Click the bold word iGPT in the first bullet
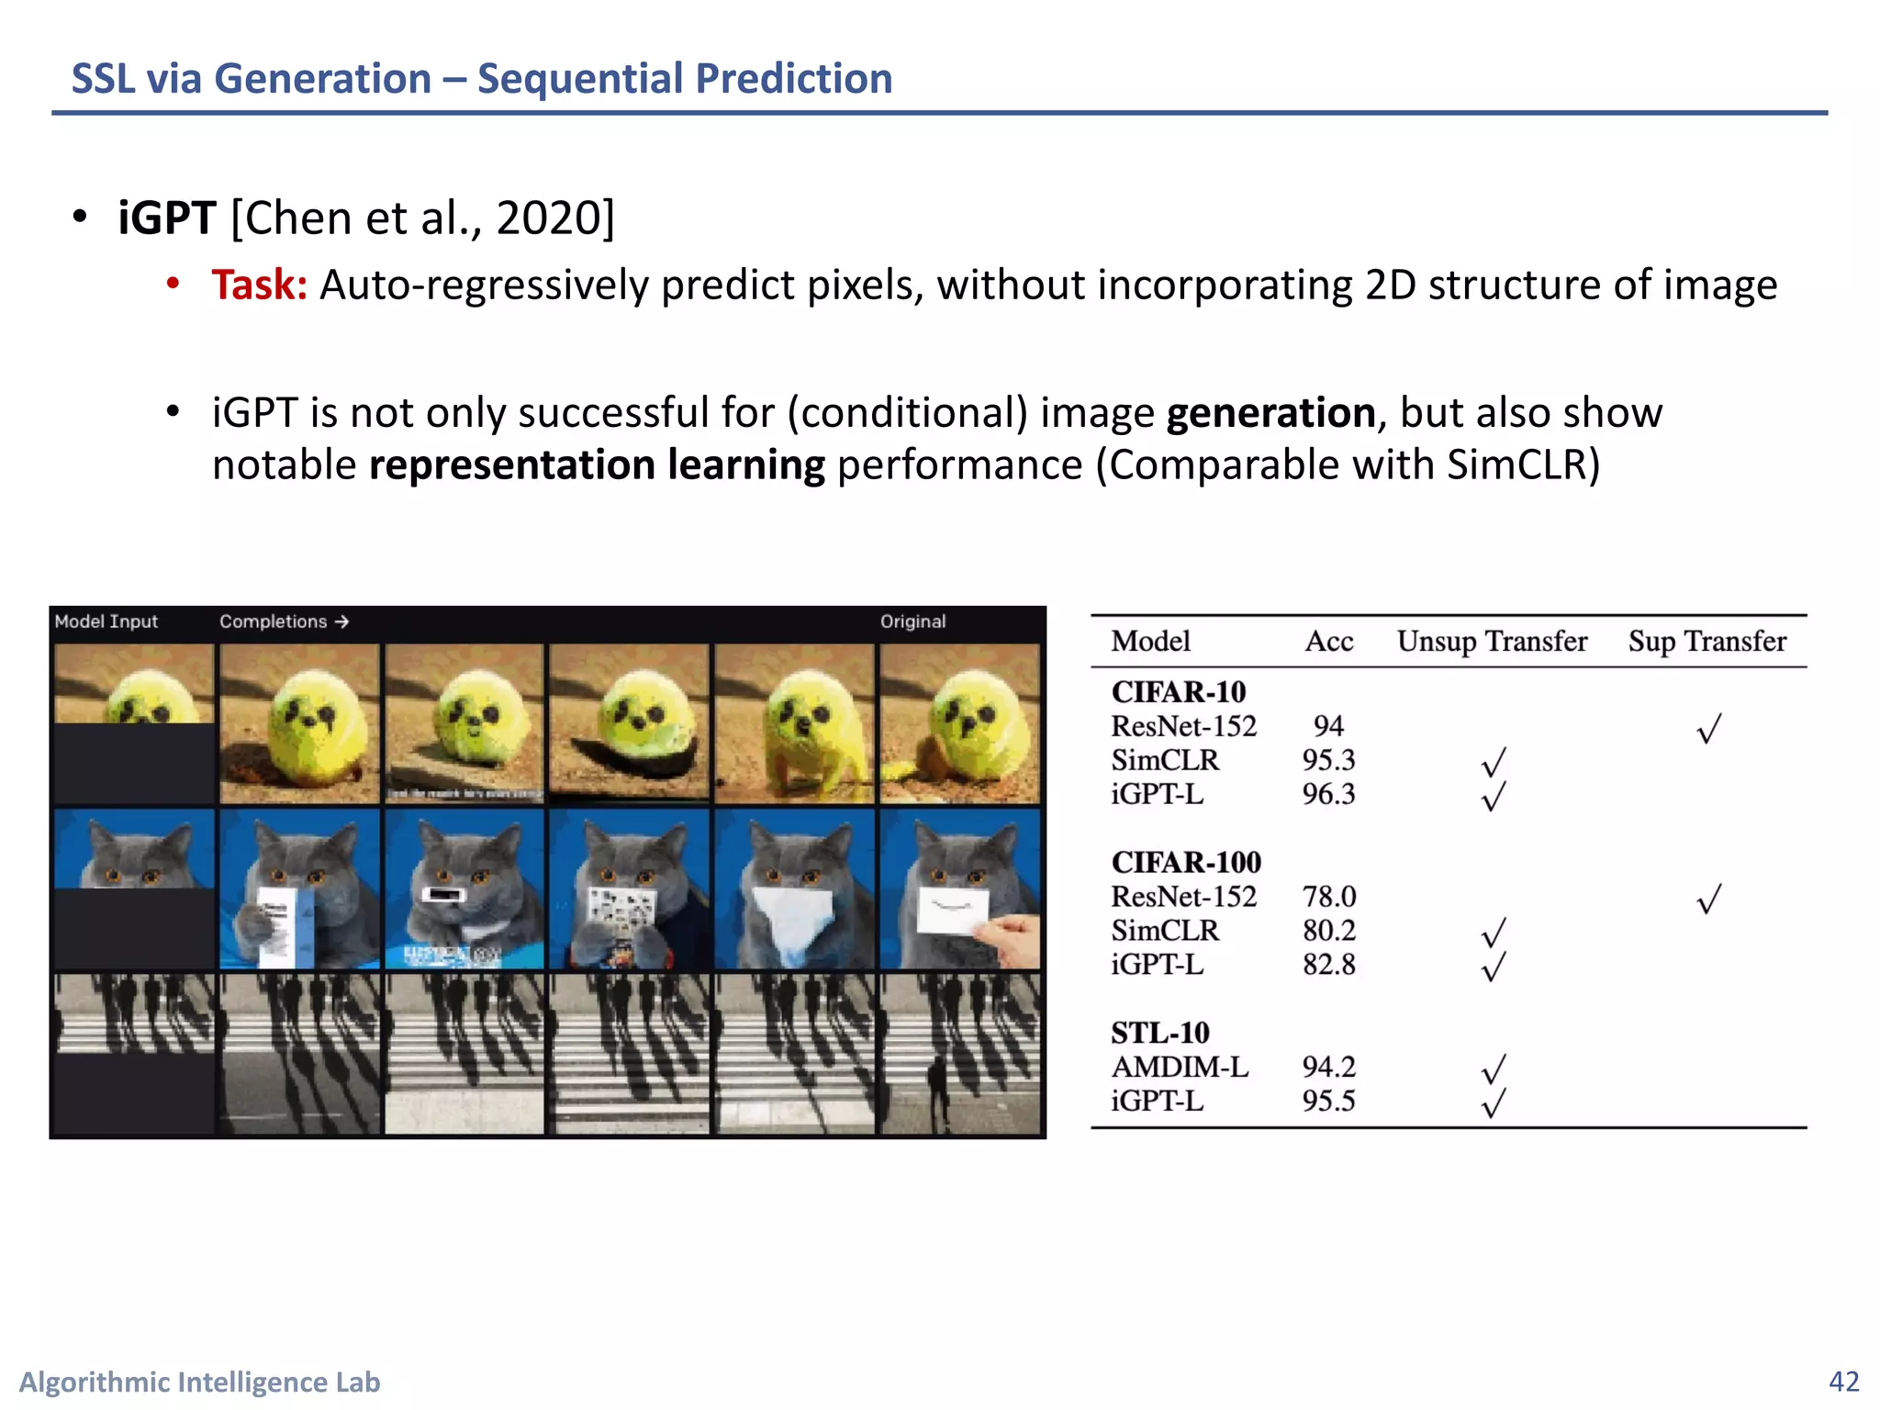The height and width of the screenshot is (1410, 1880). pyautogui.click(x=166, y=218)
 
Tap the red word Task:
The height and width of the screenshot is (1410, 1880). pyautogui.click(x=259, y=285)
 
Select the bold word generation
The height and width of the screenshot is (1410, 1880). pyautogui.click(x=1270, y=413)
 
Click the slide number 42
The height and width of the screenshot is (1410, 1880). pyautogui.click(x=1843, y=1381)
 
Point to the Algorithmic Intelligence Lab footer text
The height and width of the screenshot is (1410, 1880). pyautogui.click(x=200, y=1382)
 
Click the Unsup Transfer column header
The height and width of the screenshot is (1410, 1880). pyautogui.click(x=1492, y=641)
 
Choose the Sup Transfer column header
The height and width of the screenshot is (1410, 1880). pyautogui.click(x=1707, y=641)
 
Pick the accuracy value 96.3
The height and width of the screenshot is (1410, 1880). pyautogui.click(x=1328, y=794)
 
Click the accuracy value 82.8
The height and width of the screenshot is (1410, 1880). pyautogui.click(x=1328, y=965)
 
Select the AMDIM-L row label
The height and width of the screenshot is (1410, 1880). pyautogui.click(x=1180, y=1067)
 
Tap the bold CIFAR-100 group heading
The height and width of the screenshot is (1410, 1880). pyautogui.click(x=1186, y=862)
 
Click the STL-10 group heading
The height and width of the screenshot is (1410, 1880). pyautogui.click(x=1159, y=1033)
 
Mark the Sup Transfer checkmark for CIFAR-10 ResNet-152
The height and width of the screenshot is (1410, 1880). pyautogui.click(x=1708, y=729)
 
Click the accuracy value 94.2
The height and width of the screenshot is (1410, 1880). pyautogui.click(x=1328, y=1067)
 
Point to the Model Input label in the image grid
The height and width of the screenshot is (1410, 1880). pyautogui.click(x=106, y=621)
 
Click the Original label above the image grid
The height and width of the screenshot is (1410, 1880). pyautogui.click(x=912, y=621)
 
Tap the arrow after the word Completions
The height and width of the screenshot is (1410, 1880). pyautogui.click(x=341, y=621)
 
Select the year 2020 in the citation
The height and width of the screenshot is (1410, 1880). pyautogui.click(x=547, y=218)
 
